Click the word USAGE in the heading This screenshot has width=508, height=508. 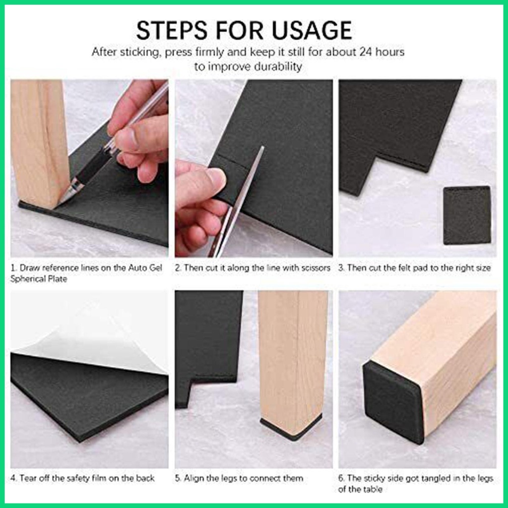(x=312, y=30)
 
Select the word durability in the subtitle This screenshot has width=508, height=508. (x=278, y=66)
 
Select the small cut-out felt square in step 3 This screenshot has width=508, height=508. (x=467, y=215)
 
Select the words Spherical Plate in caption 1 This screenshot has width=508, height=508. (x=39, y=279)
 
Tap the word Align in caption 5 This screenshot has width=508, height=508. (x=193, y=478)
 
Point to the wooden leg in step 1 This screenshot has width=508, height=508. (x=38, y=142)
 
